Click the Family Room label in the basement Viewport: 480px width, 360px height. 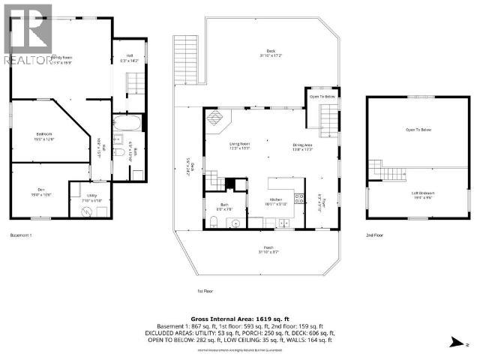pyautogui.click(x=61, y=58)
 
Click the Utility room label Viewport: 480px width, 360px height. pyautogui.click(x=90, y=198)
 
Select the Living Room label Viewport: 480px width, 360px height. pyautogui.click(x=239, y=145)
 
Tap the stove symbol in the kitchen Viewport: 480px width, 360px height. pyautogui.click(x=299, y=199)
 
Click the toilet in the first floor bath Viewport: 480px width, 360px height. pyautogui.click(x=214, y=221)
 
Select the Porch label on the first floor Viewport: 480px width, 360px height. pyautogui.click(x=268, y=249)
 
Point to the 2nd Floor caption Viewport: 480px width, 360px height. pyautogui.click(x=376, y=234)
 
